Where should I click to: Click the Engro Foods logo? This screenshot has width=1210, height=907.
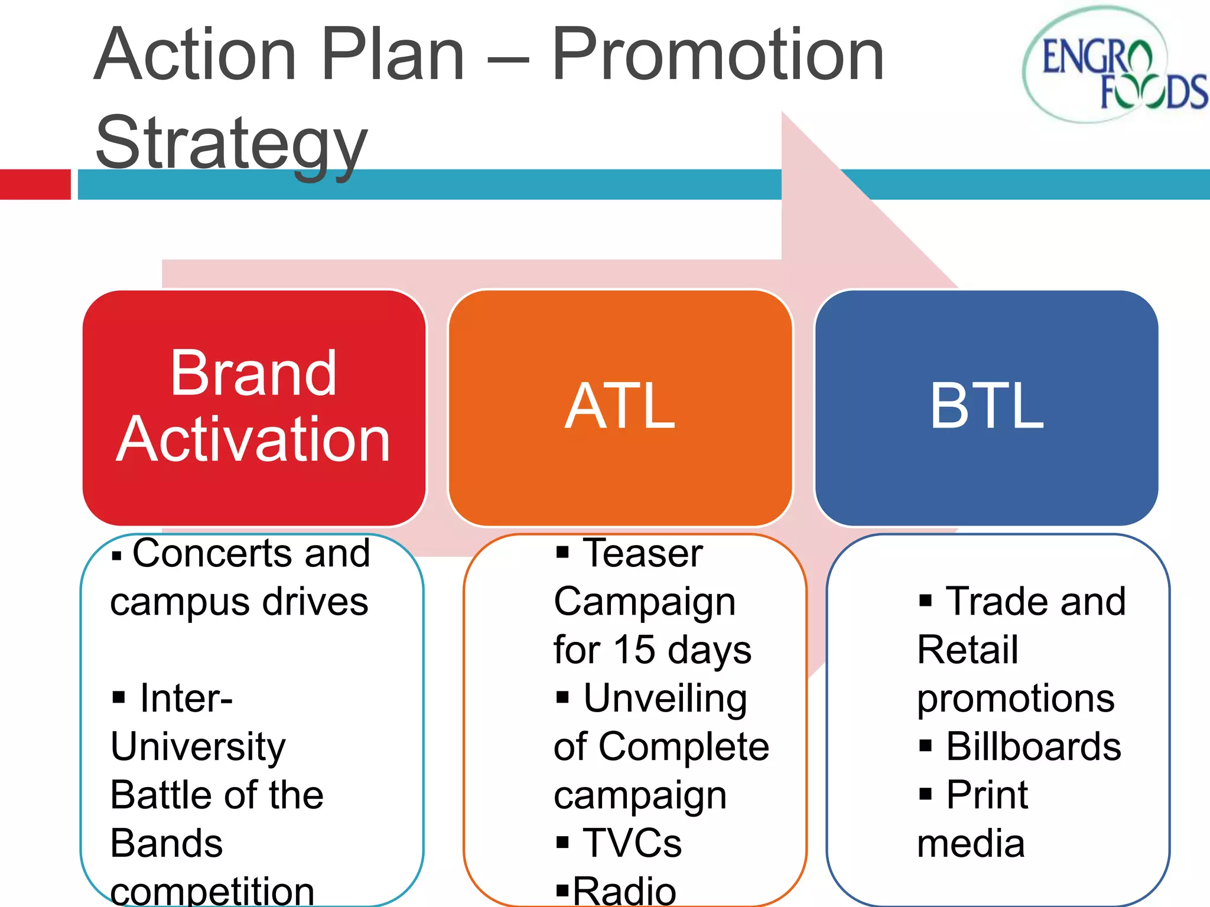click(x=1114, y=65)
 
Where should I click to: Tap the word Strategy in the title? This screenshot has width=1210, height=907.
click(x=232, y=143)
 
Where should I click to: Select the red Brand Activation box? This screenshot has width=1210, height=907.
click(x=254, y=407)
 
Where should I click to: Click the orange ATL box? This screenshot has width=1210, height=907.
click(x=620, y=407)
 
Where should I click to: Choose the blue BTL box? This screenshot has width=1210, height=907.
click(x=986, y=407)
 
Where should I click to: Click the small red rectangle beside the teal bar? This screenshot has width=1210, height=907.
click(x=35, y=184)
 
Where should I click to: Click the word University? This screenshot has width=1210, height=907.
click(x=198, y=747)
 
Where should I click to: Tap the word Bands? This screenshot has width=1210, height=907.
click(x=167, y=843)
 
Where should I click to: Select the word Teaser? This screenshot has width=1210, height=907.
click(x=643, y=553)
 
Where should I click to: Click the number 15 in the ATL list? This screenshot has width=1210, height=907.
click(x=634, y=650)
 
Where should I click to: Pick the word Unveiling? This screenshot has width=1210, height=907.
click(x=665, y=699)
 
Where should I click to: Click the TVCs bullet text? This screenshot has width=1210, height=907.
click(x=632, y=843)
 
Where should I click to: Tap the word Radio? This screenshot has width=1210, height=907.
click(x=624, y=890)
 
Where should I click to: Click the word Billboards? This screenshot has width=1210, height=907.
click(x=1033, y=747)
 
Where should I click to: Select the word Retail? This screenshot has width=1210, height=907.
click(x=967, y=650)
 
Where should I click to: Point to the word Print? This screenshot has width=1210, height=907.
click(x=987, y=795)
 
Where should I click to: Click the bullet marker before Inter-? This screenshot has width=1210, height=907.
click(x=119, y=698)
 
